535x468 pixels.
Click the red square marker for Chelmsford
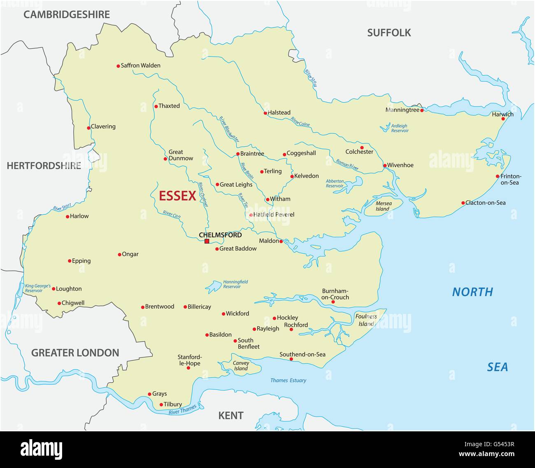[207, 241]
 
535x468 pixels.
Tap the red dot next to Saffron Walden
[118, 66]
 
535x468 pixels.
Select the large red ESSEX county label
[177, 196]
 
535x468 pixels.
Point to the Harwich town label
[502, 114]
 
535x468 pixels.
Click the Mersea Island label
[383, 206]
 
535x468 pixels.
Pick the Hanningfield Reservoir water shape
[213, 286]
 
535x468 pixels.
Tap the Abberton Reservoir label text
[335, 183]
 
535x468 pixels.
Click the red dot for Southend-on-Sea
[291, 360]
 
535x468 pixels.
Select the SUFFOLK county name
[389, 33]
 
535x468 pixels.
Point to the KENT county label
[230, 415]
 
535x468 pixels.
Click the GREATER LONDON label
[75, 353]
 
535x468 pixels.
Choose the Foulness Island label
[366, 320]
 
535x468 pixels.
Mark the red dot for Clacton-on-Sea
[463, 203]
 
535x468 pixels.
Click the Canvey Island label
[241, 365]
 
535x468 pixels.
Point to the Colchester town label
[359, 152]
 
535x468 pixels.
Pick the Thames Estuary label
[288, 380]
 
